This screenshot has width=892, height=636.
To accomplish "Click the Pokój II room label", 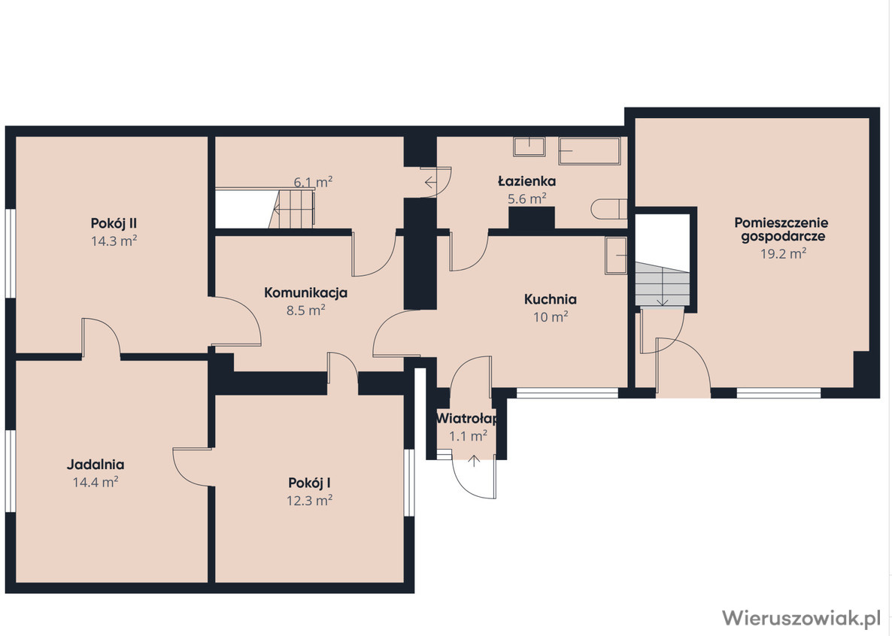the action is [x=114, y=223].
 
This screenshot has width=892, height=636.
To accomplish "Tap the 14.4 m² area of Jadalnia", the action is [x=96, y=483].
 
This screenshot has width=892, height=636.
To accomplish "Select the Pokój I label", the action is [x=309, y=483].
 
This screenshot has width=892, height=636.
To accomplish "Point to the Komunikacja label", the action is [x=305, y=293].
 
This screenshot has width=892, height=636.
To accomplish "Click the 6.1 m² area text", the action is [x=313, y=182].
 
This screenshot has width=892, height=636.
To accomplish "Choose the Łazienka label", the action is [x=526, y=181].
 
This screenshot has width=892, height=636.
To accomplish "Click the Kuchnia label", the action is [x=550, y=299].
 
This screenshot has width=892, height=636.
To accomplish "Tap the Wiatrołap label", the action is [x=467, y=419].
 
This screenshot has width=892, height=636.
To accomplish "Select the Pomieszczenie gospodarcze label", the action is [x=781, y=229].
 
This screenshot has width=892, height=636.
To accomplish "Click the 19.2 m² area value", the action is [x=784, y=253].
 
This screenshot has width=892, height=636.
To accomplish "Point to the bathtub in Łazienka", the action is [x=590, y=151].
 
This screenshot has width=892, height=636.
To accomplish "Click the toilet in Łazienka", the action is [x=608, y=209].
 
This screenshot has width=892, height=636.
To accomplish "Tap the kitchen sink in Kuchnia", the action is [x=616, y=256].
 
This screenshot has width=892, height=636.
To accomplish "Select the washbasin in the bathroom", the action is [x=529, y=146].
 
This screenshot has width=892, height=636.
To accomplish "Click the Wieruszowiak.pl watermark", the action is [x=801, y=618].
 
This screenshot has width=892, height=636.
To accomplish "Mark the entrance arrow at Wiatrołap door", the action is [x=474, y=460].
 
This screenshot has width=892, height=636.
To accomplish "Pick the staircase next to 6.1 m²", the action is [x=291, y=209].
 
